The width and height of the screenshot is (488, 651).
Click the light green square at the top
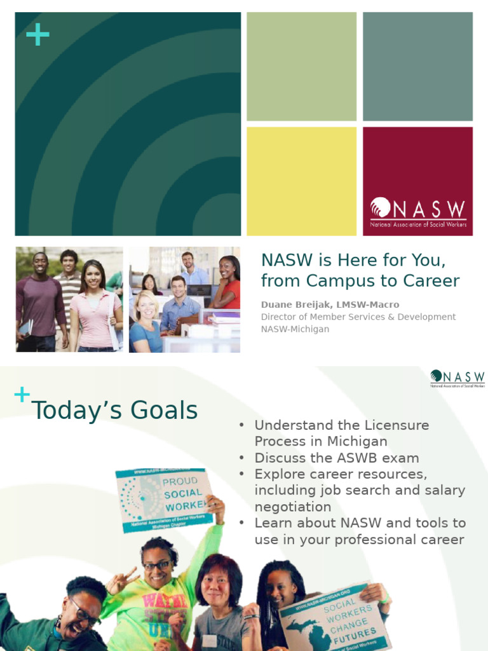(x=301, y=66)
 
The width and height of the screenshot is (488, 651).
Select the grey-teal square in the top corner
(x=417, y=66)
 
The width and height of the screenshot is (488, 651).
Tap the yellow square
(x=301, y=181)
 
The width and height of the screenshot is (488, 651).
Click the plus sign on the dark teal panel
(x=37, y=36)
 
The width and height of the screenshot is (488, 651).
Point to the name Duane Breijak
(x=297, y=305)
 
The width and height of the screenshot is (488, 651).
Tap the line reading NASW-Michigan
(x=295, y=329)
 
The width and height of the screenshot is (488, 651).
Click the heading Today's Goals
(x=115, y=411)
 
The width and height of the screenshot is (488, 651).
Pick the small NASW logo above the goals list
(x=457, y=379)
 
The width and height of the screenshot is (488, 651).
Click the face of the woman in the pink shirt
(x=93, y=276)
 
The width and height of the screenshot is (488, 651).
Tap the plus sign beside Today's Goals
(x=22, y=395)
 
